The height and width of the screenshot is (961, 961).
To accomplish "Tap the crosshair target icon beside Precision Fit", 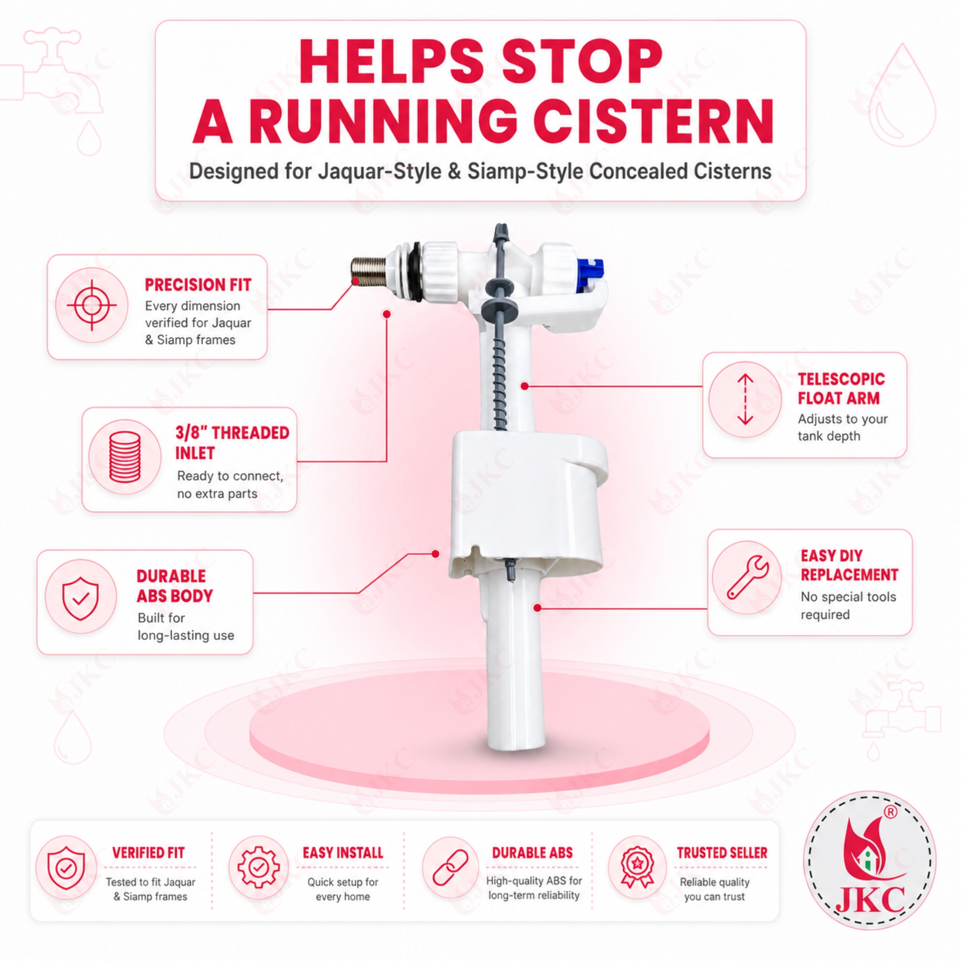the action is click(92, 305).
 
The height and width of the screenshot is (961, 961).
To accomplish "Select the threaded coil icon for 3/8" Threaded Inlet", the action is click(124, 456).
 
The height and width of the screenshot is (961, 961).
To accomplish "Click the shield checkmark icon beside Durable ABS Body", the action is click(80, 598).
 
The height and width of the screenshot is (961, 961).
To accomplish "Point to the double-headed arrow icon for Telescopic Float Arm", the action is click(745, 399).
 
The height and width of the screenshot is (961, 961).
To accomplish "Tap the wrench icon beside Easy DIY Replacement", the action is click(748, 577).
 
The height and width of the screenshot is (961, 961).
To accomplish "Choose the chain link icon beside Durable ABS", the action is click(450, 867).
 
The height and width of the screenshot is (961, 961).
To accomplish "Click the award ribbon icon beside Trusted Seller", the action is click(637, 867).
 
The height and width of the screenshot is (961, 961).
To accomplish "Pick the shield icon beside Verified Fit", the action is click(66, 868).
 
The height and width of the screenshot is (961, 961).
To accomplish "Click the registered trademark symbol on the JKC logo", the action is click(890, 812).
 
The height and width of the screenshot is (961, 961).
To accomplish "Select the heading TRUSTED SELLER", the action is click(722, 852).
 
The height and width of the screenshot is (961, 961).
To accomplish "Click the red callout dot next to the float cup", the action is click(435, 554).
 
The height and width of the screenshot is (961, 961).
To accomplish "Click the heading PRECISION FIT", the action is click(198, 284).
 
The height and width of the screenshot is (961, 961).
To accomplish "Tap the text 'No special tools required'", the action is click(848, 605).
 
